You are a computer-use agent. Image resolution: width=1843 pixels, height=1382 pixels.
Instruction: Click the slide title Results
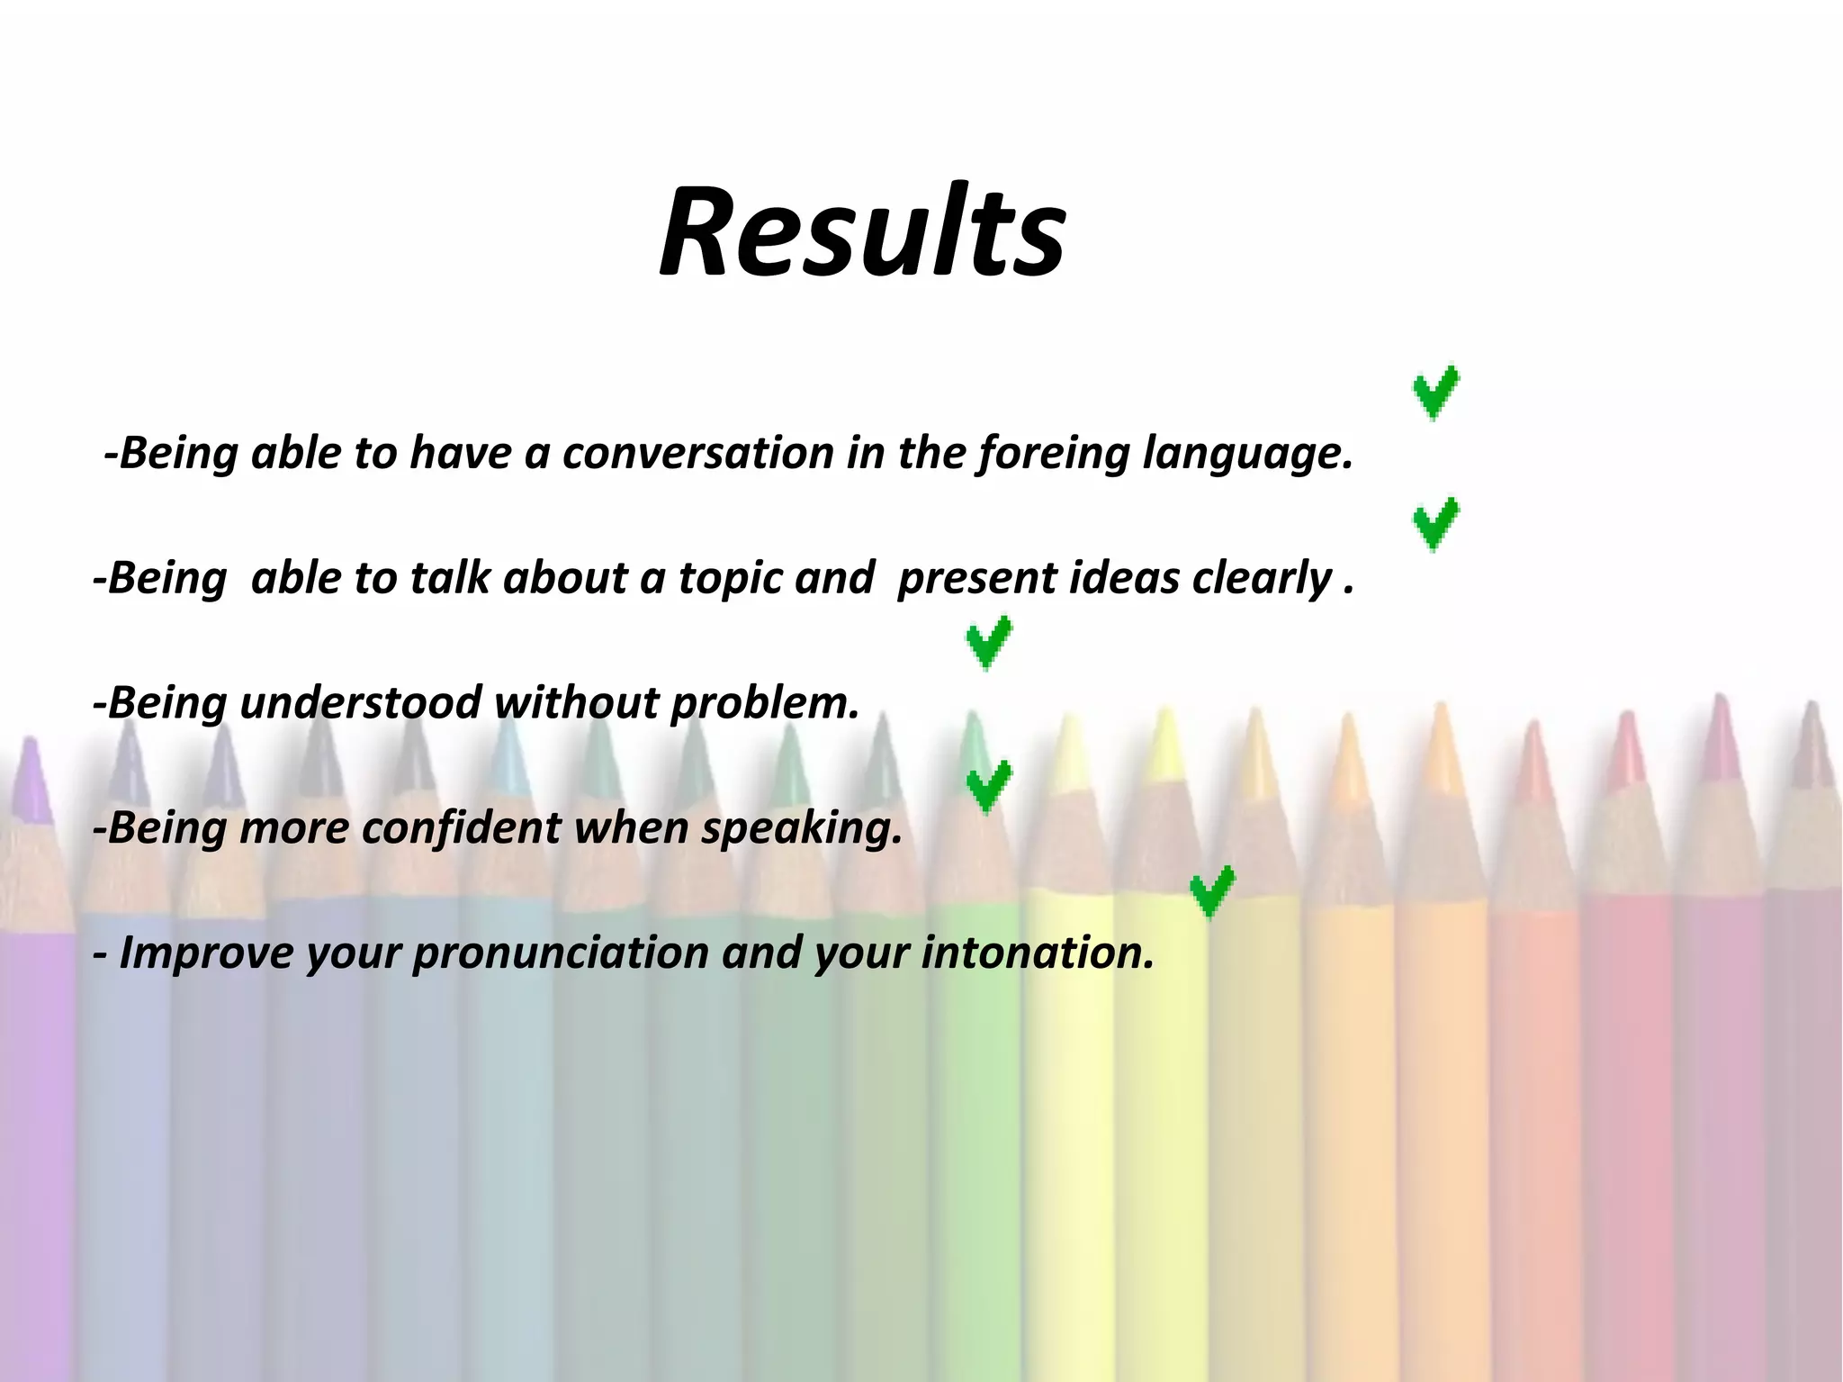click(x=862, y=232)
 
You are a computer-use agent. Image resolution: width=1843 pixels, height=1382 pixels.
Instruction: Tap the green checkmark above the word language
click(x=1435, y=392)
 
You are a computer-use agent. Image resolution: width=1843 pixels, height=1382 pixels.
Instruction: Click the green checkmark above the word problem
click(x=988, y=643)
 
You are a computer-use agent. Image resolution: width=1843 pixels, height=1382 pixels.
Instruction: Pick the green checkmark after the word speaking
click(x=988, y=786)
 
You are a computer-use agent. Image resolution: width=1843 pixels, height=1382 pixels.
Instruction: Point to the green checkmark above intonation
click(x=1211, y=892)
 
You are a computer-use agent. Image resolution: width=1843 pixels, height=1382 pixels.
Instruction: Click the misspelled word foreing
click(x=1054, y=453)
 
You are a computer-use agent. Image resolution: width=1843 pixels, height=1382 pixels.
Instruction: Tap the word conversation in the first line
click(x=697, y=453)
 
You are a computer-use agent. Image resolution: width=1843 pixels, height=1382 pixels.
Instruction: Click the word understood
click(x=360, y=703)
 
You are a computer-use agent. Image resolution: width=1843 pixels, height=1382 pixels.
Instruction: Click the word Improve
click(x=206, y=953)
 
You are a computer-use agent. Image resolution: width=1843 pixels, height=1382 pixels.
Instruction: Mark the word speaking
click(x=801, y=829)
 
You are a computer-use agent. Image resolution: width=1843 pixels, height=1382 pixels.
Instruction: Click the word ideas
click(x=1123, y=578)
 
